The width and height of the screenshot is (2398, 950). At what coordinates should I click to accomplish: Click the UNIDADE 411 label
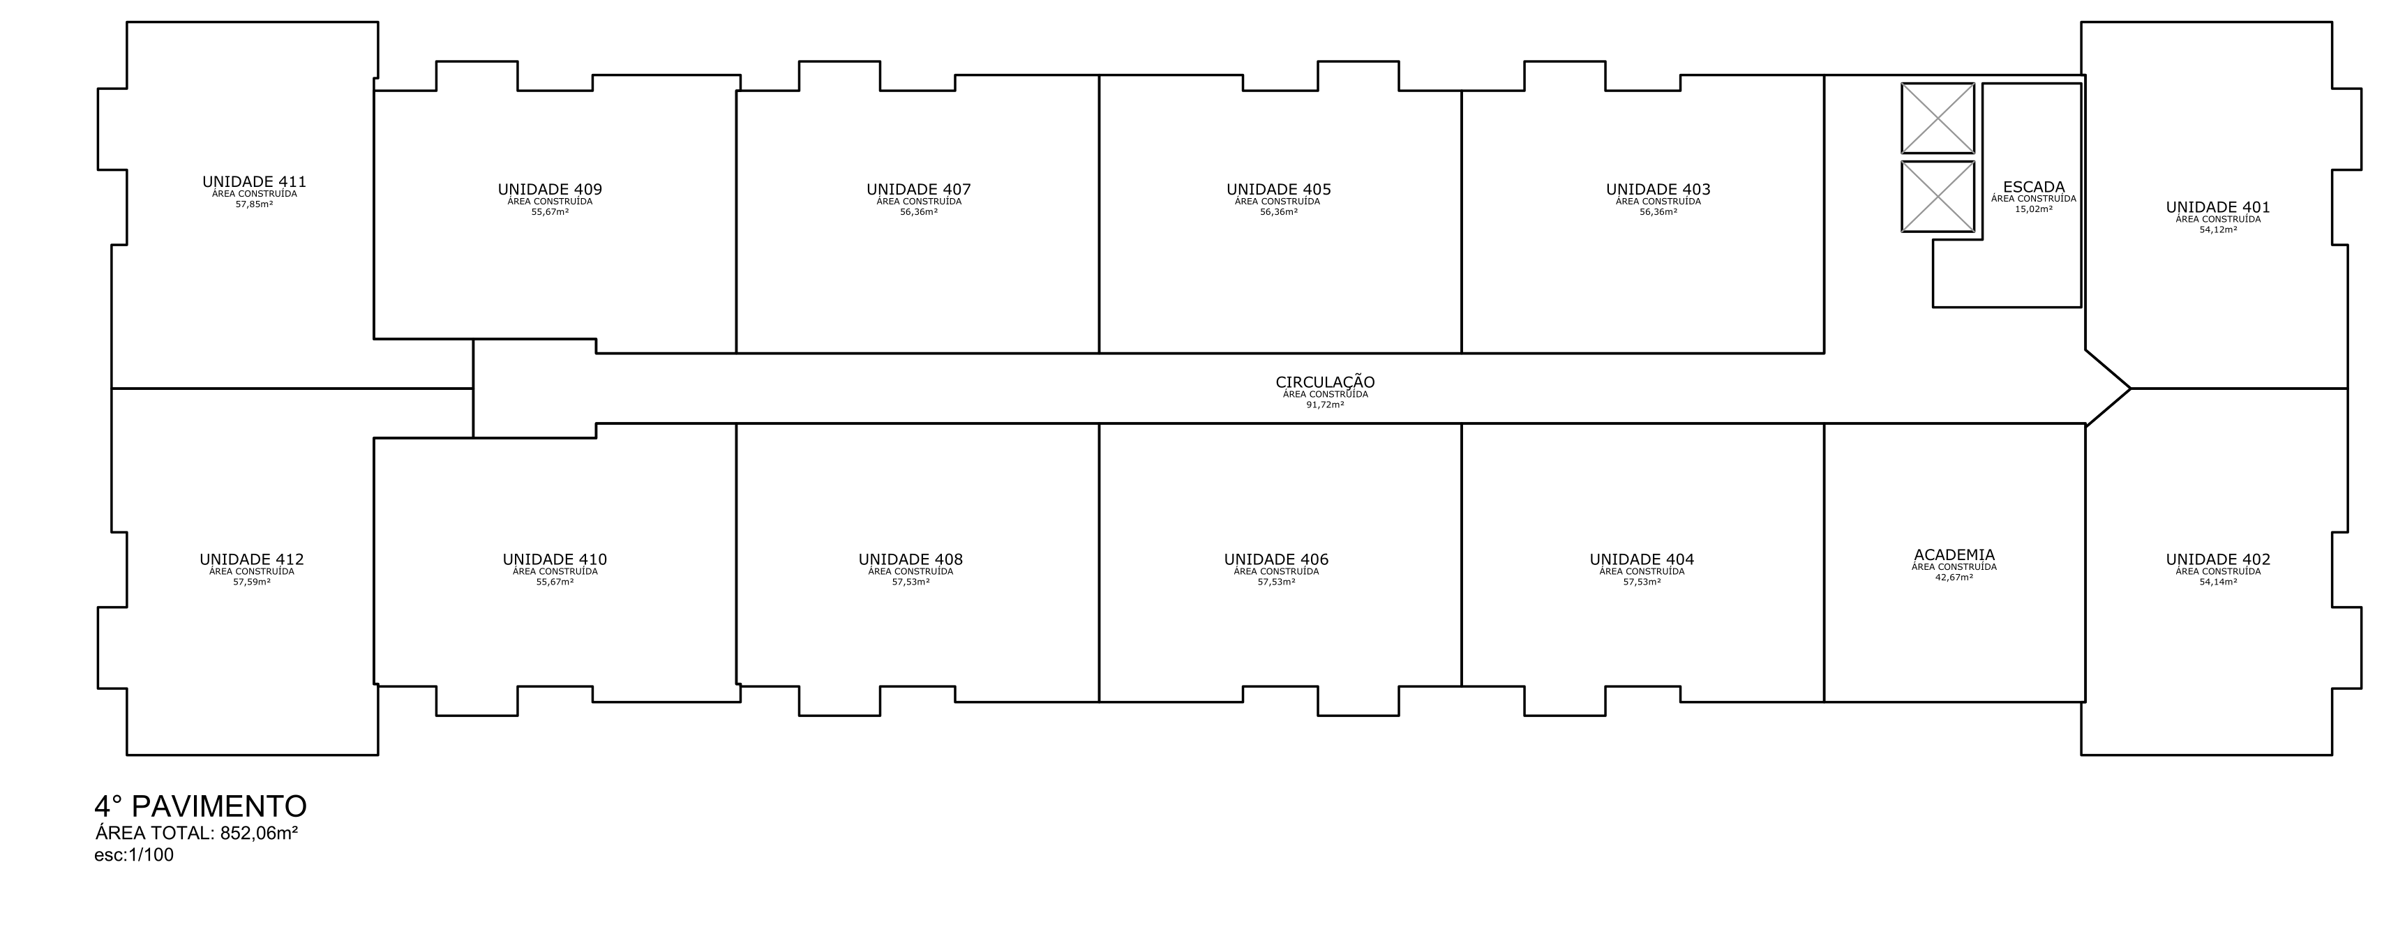[254, 182]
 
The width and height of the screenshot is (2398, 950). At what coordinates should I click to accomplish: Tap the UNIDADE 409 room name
[550, 190]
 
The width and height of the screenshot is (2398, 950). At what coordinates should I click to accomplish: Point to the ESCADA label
[2034, 187]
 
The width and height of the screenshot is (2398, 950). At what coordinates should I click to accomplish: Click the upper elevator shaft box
[1938, 118]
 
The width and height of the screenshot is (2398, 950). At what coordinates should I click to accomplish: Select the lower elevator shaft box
[1938, 196]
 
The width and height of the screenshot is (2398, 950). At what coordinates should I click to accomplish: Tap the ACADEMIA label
[1955, 555]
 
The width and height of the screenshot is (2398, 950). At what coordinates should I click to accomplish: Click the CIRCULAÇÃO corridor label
[1326, 382]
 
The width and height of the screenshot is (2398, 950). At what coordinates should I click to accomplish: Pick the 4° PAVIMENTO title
[201, 806]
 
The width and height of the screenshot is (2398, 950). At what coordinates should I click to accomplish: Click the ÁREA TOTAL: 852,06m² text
[197, 834]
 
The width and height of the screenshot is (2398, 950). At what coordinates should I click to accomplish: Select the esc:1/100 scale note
[134, 855]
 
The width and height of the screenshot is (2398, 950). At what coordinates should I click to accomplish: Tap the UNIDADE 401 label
[2218, 207]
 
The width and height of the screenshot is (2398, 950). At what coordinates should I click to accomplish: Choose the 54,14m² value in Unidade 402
[2218, 582]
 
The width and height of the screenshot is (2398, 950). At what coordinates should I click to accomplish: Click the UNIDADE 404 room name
[1642, 560]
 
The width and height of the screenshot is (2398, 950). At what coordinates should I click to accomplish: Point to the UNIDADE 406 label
[1276, 560]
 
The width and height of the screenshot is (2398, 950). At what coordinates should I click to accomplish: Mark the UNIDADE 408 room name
[911, 560]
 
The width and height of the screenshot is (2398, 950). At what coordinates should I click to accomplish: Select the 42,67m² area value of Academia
[1955, 578]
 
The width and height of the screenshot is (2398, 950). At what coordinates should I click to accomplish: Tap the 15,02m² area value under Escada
[2034, 209]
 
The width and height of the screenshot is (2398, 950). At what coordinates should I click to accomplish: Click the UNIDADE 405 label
[1279, 190]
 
